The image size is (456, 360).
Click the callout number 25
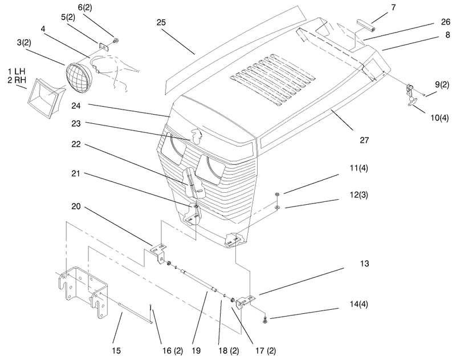161,22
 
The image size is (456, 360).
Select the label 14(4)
359,304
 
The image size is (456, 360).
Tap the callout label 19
196,351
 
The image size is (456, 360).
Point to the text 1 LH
17,71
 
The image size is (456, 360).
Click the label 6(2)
85,7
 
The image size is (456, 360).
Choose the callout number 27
364,140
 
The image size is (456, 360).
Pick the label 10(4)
439,118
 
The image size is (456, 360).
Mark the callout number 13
364,264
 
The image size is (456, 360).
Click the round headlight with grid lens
79,78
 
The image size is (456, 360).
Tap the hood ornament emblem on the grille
195,136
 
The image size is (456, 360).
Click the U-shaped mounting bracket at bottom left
83,291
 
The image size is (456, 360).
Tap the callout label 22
76,144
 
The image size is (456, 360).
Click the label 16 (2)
173,351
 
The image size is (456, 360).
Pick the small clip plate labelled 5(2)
104,47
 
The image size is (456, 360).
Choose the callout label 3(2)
24,42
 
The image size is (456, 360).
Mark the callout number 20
76,207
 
